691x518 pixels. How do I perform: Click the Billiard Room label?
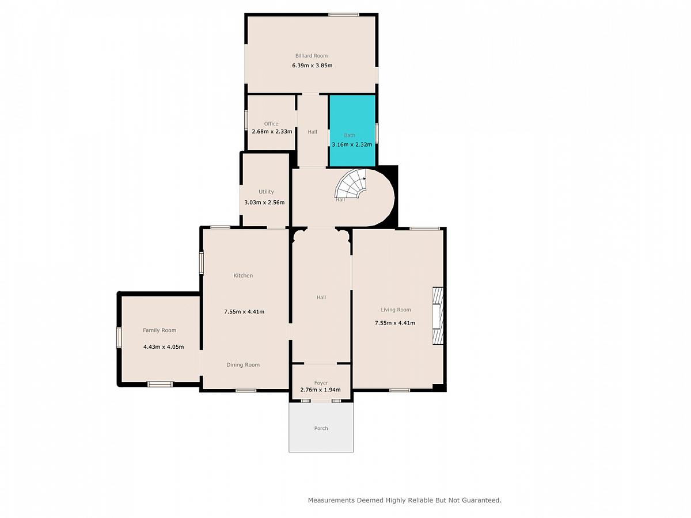pyautogui.click(x=312, y=56)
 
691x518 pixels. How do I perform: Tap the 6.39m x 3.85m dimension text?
pyautogui.click(x=312, y=66)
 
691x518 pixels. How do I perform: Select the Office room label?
pyautogui.click(x=271, y=124)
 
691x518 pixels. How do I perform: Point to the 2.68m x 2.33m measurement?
pyautogui.click(x=272, y=131)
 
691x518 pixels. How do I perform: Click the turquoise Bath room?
pyautogui.click(x=352, y=131)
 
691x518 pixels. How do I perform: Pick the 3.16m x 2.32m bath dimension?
pyautogui.click(x=352, y=144)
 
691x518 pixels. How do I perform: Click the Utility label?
pyautogui.click(x=266, y=192)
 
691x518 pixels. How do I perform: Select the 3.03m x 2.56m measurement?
pyautogui.click(x=264, y=203)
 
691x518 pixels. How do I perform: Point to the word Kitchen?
pyautogui.click(x=243, y=276)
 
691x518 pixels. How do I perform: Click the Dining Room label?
pyautogui.click(x=243, y=365)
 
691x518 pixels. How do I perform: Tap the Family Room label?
pyautogui.click(x=160, y=330)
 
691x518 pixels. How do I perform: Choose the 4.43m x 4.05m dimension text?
pyautogui.click(x=164, y=347)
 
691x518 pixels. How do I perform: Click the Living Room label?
pyautogui.click(x=396, y=310)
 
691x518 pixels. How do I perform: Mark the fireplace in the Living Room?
pyautogui.click(x=438, y=316)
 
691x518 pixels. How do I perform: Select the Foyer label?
pyautogui.click(x=321, y=383)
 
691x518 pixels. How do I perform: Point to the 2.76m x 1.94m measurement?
pyautogui.click(x=321, y=390)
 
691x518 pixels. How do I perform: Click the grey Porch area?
pyautogui.click(x=321, y=428)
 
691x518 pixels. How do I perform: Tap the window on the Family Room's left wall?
pyautogui.click(x=119, y=337)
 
